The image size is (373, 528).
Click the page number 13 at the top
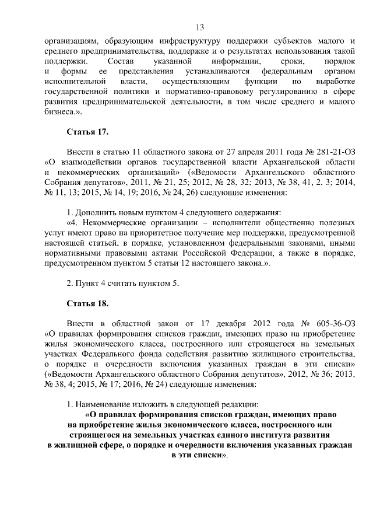pos(199,27)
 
